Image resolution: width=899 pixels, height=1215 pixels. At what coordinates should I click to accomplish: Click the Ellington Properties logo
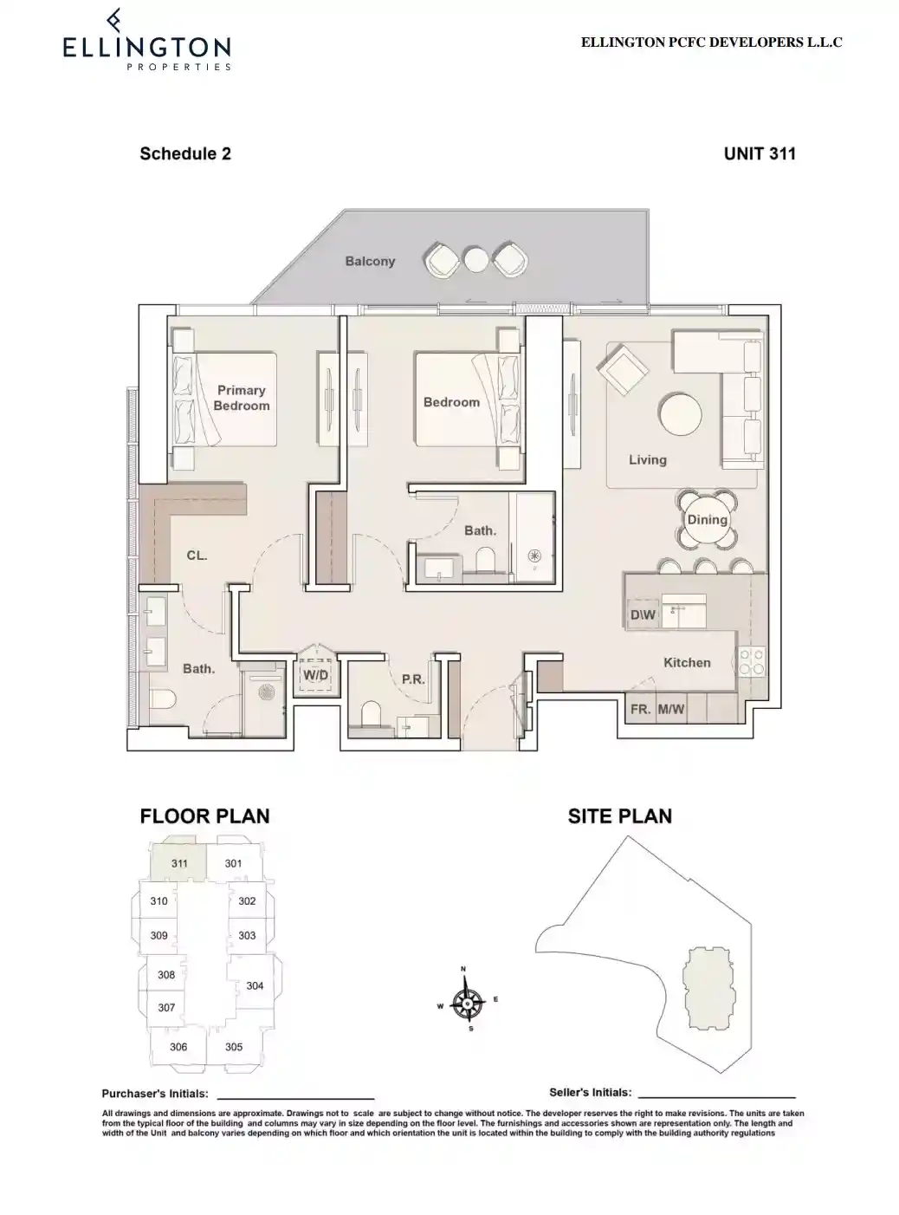pyautogui.click(x=146, y=42)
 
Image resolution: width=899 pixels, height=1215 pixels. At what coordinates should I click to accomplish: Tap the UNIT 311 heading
pyautogui.click(x=759, y=153)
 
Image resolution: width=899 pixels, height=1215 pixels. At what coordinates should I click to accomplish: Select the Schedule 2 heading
pyautogui.click(x=185, y=153)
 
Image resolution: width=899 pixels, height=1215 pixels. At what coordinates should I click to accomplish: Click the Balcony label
pyautogui.click(x=370, y=261)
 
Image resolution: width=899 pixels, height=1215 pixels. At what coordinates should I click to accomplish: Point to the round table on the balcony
pyautogui.click(x=475, y=259)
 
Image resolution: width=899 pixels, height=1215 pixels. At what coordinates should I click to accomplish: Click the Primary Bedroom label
pyautogui.click(x=242, y=398)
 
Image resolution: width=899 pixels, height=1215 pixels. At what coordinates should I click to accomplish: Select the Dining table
pyautogui.click(x=707, y=520)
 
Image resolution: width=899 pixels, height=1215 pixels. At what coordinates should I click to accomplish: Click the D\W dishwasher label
pyautogui.click(x=644, y=615)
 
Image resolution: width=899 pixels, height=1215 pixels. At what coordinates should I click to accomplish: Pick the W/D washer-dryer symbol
pyautogui.click(x=315, y=674)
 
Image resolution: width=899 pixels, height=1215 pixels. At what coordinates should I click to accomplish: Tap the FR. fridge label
pyautogui.click(x=640, y=709)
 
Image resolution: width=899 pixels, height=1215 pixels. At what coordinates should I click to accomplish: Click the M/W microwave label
pyautogui.click(x=670, y=709)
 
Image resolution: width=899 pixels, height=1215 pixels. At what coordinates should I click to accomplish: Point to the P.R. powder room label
pyautogui.click(x=413, y=679)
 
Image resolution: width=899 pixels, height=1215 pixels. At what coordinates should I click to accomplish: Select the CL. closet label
pyautogui.click(x=197, y=555)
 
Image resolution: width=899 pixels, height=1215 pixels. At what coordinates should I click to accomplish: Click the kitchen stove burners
pyautogui.click(x=751, y=662)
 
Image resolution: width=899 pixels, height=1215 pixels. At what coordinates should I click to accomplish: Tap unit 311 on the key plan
pyautogui.click(x=179, y=863)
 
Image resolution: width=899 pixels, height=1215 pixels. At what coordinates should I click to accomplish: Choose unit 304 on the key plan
pyautogui.click(x=255, y=985)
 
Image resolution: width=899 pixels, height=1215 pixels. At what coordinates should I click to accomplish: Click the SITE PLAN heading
pyautogui.click(x=619, y=815)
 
